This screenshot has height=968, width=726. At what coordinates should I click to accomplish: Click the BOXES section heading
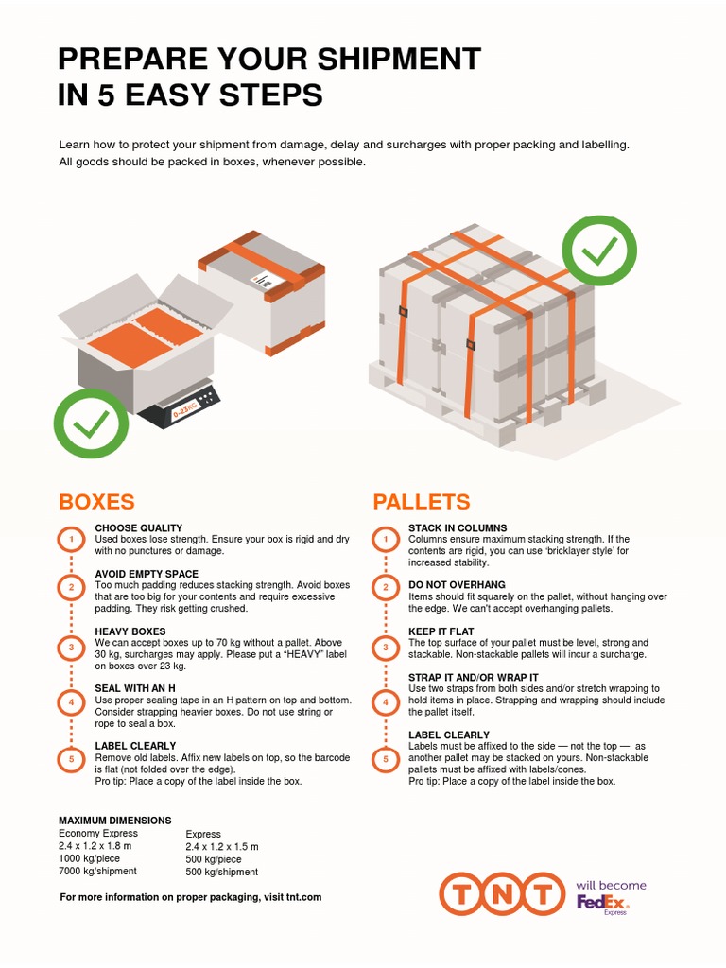[96, 501]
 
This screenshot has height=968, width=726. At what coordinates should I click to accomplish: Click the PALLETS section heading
[421, 501]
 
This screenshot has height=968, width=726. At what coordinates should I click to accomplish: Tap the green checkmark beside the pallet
[599, 250]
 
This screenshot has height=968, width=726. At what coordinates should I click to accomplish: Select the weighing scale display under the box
[185, 409]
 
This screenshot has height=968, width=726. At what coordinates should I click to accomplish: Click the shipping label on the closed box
[259, 280]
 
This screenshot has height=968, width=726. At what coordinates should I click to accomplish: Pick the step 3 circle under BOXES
[70, 648]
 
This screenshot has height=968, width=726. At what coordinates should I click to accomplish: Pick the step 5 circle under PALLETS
[385, 758]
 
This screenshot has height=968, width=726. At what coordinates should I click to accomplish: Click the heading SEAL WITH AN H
[135, 688]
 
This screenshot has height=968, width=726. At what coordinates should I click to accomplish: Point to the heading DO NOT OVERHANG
[457, 585]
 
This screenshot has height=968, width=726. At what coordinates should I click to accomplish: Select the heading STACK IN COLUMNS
[458, 527]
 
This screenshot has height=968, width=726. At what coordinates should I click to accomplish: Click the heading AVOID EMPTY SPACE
[147, 574]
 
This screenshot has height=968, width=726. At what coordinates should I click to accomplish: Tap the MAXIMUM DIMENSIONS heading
[115, 820]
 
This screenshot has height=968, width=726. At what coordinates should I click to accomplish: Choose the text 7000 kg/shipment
[97, 871]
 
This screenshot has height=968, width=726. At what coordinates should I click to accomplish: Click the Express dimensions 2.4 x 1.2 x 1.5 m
[222, 847]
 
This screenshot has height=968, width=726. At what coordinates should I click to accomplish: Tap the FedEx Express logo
[602, 903]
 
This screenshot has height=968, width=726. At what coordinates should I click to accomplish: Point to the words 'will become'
[612, 885]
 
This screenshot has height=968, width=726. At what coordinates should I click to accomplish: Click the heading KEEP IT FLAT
[441, 631]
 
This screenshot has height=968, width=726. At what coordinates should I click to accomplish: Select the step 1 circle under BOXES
[70, 540]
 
